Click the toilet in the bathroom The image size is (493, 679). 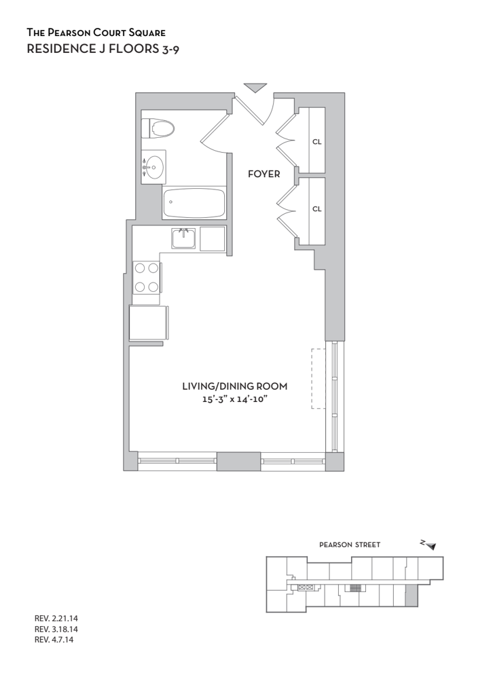pyautogui.click(x=158, y=128)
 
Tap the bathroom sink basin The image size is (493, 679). pyautogui.click(x=153, y=167)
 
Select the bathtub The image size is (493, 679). pyautogui.click(x=194, y=203)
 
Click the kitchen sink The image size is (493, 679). pyautogui.click(x=183, y=238)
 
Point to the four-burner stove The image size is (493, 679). pyautogui.click(x=147, y=277)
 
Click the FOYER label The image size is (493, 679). pyautogui.click(x=264, y=174)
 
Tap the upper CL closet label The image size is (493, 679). pyautogui.click(x=317, y=142)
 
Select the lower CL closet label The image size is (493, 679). pyautogui.click(x=317, y=208)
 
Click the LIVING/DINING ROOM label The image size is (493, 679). pyautogui.click(x=235, y=386)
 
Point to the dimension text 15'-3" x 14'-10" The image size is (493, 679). pyautogui.click(x=234, y=399)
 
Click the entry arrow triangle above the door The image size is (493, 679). pyautogui.click(x=255, y=88)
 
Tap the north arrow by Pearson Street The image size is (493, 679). pyautogui.click(x=429, y=545)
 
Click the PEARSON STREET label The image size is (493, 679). pyautogui.click(x=350, y=545)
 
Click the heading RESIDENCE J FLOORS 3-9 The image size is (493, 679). pyautogui.click(x=103, y=48)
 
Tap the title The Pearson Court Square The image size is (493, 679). pyautogui.click(x=96, y=33)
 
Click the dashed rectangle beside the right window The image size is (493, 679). pyautogui.click(x=318, y=378)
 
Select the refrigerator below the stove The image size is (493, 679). pyautogui.click(x=149, y=323)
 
